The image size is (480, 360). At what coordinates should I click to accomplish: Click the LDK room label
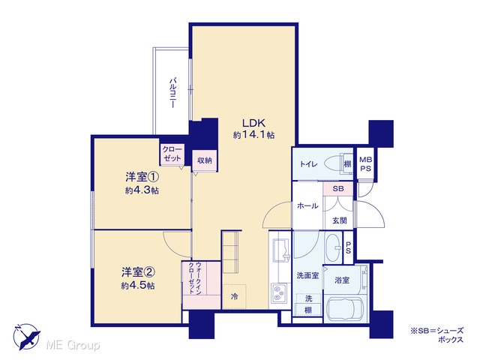tap(253, 123)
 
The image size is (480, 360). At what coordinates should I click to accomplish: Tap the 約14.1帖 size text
tap(253, 135)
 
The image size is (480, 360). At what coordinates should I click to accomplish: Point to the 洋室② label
tap(138, 271)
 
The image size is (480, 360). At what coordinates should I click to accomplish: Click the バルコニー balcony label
tap(174, 93)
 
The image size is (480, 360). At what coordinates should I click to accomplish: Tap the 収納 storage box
tap(205, 160)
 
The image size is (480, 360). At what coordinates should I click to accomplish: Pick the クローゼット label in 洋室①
tap(172, 154)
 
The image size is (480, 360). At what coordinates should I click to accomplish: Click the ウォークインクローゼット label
tap(195, 278)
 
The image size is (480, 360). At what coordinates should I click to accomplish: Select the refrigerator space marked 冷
tap(235, 296)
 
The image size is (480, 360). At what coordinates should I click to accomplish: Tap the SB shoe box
tap(338, 189)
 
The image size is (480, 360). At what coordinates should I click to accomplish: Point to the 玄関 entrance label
tap(340, 220)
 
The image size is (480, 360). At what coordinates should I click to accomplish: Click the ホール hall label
tap(307, 206)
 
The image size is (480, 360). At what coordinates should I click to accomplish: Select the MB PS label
tap(365, 164)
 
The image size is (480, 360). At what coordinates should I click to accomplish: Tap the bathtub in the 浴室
tap(345, 308)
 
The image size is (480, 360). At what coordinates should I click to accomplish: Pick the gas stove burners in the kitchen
tap(278, 293)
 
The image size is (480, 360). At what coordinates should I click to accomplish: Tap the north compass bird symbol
tap(27, 337)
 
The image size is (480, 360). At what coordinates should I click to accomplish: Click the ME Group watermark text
tap(73, 346)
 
